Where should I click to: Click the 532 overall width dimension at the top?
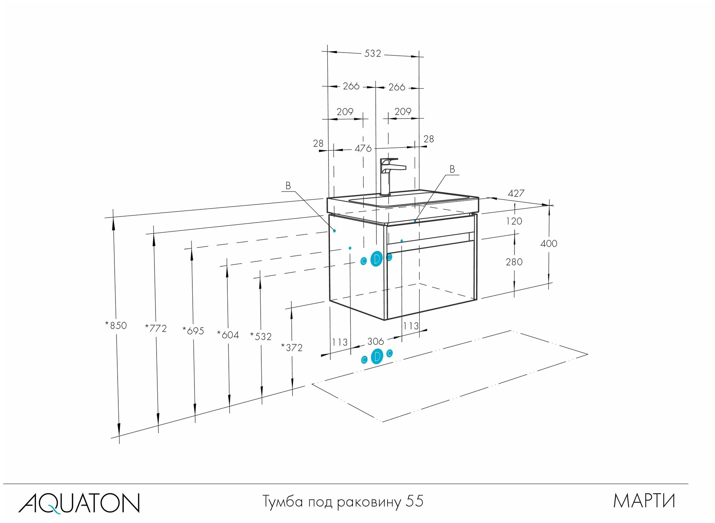pos(373,54)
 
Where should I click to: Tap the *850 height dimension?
pos(116,325)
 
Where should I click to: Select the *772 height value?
pos(156,328)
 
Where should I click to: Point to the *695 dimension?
pos(193,331)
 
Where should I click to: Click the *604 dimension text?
pos(228,335)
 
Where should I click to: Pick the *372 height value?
pos(292,348)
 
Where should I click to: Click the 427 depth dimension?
pos(516,193)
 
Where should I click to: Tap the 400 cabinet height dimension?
pos(549,244)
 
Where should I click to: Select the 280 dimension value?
pos(514,262)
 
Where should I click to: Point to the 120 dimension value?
pos(514,221)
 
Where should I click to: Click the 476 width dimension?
pos(363,148)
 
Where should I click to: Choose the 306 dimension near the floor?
pos(375,342)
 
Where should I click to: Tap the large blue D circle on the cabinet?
pos(376,259)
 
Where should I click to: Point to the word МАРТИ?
pos(644,501)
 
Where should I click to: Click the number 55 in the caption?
pos(415,501)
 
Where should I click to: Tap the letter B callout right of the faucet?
pos(452,169)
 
